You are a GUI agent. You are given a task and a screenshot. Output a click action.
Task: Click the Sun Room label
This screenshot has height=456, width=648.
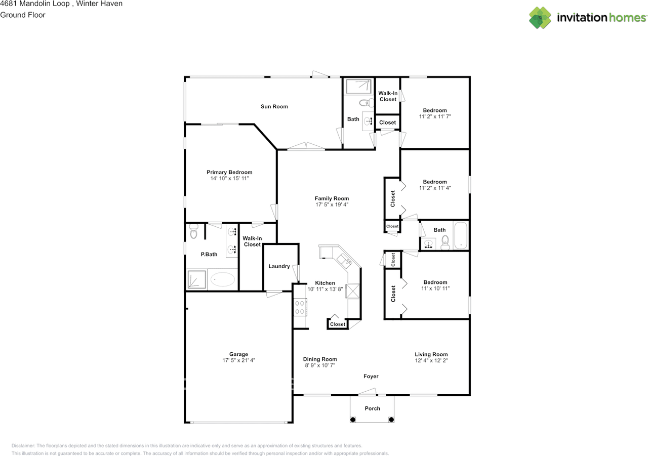click(274, 106)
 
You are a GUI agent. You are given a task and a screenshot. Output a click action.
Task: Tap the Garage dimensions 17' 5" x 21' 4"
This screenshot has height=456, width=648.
click(238, 360)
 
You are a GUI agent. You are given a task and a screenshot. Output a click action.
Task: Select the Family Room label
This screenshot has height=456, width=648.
click(332, 198)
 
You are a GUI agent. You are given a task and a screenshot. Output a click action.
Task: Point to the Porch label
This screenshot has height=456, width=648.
click(372, 408)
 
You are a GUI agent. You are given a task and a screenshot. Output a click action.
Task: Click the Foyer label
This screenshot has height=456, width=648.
click(371, 376)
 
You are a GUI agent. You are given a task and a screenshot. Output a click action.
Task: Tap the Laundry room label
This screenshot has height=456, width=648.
click(279, 266)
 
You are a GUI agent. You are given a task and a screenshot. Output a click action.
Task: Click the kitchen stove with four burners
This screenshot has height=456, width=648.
click(300, 308)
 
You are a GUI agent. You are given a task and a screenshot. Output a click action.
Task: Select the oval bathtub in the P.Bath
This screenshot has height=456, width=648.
click(223, 279)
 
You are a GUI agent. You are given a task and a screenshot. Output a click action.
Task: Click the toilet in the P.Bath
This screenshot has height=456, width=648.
click(193, 231)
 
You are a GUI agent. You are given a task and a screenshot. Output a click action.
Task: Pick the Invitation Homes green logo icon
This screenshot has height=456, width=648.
click(540, 18)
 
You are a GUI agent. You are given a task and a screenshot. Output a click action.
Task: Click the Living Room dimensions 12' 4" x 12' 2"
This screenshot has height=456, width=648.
click(431, 360)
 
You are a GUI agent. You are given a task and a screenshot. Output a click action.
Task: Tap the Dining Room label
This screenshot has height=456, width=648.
click(320, 359)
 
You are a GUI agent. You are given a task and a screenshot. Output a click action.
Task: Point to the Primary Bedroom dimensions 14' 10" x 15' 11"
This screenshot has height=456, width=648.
click(229, 179)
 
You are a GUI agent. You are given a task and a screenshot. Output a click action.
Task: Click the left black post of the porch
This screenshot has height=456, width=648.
click(353, 419)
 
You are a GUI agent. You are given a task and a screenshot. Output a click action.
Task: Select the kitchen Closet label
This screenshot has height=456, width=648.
click(338, 324)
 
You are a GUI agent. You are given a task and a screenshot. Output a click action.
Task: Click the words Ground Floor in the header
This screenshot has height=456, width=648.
click(23, 15)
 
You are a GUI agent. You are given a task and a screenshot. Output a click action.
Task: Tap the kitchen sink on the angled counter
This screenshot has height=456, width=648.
click(344, 260)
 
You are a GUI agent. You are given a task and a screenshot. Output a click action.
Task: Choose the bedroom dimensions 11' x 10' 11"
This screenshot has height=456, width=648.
click(435, 288)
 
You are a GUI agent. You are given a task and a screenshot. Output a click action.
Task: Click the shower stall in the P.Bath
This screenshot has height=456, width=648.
click(197, 279)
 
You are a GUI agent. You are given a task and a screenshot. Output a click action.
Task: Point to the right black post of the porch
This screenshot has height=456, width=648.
click(391, 419)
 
